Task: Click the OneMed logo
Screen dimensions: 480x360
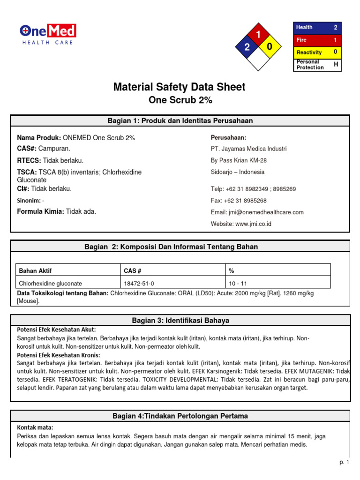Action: [x=48, y=34]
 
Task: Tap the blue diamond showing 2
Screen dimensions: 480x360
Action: [x=247, y=47]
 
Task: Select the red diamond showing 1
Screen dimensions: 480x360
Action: [x=258, y=35]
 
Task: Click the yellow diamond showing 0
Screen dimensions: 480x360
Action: [x=270, y=47]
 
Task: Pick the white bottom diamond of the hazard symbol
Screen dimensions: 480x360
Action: [x=258, y=59]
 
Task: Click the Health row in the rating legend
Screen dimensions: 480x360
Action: [x=317, y=28]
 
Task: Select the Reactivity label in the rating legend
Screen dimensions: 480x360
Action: [x=309, y=52]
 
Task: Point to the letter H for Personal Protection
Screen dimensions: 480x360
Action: [x=336, y=65]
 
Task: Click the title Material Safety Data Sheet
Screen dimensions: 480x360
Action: [x=180, y=87]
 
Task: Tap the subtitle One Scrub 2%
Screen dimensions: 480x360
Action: [x=180, y=100]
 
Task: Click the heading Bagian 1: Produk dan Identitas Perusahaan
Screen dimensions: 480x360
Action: [x=180, y=121]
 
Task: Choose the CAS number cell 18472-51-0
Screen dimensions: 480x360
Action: [x=139, y=284]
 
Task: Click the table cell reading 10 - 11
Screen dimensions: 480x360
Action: [x=238, y=284]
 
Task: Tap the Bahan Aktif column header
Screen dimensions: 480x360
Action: [x=36, y=271]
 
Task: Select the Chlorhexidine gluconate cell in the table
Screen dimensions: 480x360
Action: [x=51, y=284]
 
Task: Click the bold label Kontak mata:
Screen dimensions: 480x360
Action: [x=35, y=427]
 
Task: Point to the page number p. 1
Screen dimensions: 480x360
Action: [x=345, y=463]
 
